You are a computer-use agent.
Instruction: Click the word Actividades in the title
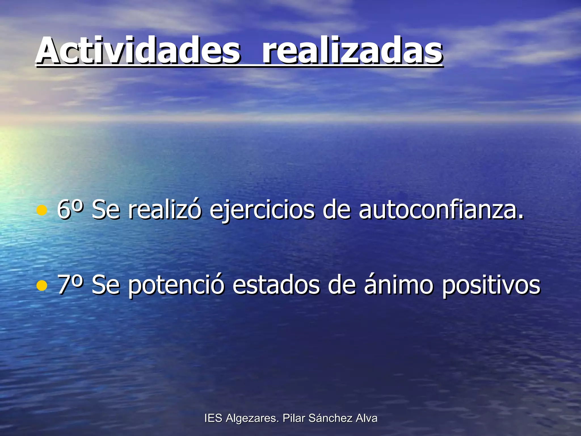[x=138, y=51]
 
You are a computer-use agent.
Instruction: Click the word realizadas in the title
[x=352, y=51]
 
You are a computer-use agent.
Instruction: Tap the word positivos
[x=491, y=286]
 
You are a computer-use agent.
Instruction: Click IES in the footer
[x=213, y=418]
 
